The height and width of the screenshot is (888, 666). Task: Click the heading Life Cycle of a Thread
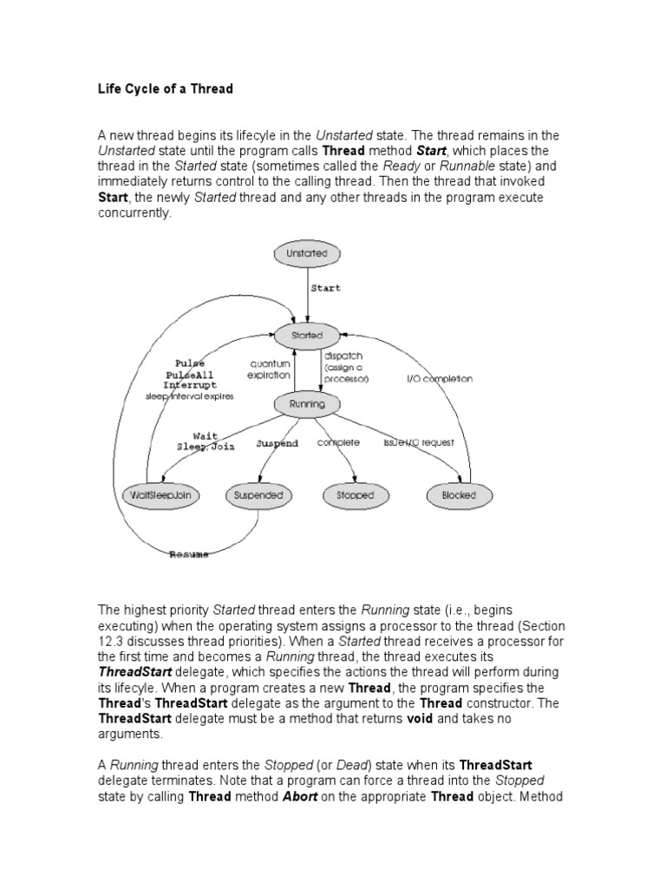166,88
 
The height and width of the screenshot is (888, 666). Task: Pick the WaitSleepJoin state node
161,495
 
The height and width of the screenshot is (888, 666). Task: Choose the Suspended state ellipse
259,495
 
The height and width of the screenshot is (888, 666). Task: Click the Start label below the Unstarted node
326,288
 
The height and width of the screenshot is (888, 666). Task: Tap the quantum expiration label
269,371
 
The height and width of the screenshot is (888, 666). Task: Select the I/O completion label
440,379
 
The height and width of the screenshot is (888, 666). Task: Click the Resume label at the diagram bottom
188,555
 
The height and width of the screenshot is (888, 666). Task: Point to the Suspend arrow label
277,443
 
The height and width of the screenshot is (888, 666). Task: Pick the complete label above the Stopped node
338,442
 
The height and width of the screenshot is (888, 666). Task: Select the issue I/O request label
419,442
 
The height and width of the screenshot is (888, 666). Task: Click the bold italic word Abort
301,798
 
